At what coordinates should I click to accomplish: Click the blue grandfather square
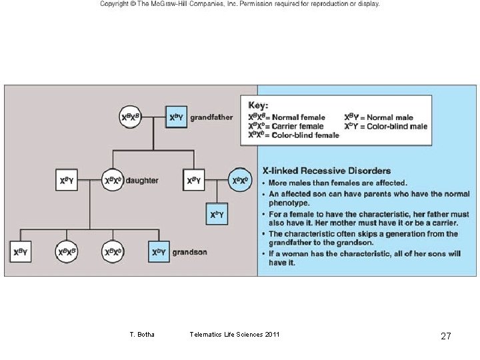(176, 118)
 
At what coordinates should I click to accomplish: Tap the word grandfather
(211, 118)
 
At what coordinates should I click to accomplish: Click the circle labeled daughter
(113, 181)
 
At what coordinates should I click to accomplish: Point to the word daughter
(142, 181)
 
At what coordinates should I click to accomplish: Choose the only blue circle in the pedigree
(240, 180)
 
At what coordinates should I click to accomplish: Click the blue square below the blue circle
(217, 215)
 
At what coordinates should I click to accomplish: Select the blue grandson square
(158, 252)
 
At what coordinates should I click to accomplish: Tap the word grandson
(189, 252)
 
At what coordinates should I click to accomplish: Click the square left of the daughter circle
(67, 181)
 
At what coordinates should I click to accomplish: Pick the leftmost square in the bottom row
(21, 252)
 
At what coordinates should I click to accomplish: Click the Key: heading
(259, 105)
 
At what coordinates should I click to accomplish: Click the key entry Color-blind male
(385, 126)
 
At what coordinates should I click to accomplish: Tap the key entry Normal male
(379, 117)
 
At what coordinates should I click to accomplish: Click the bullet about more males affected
(337, 183)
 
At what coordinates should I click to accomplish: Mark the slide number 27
(446, 336)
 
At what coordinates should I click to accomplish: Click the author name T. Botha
(141, 334)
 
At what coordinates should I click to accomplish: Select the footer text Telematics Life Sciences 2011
(235, 334)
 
